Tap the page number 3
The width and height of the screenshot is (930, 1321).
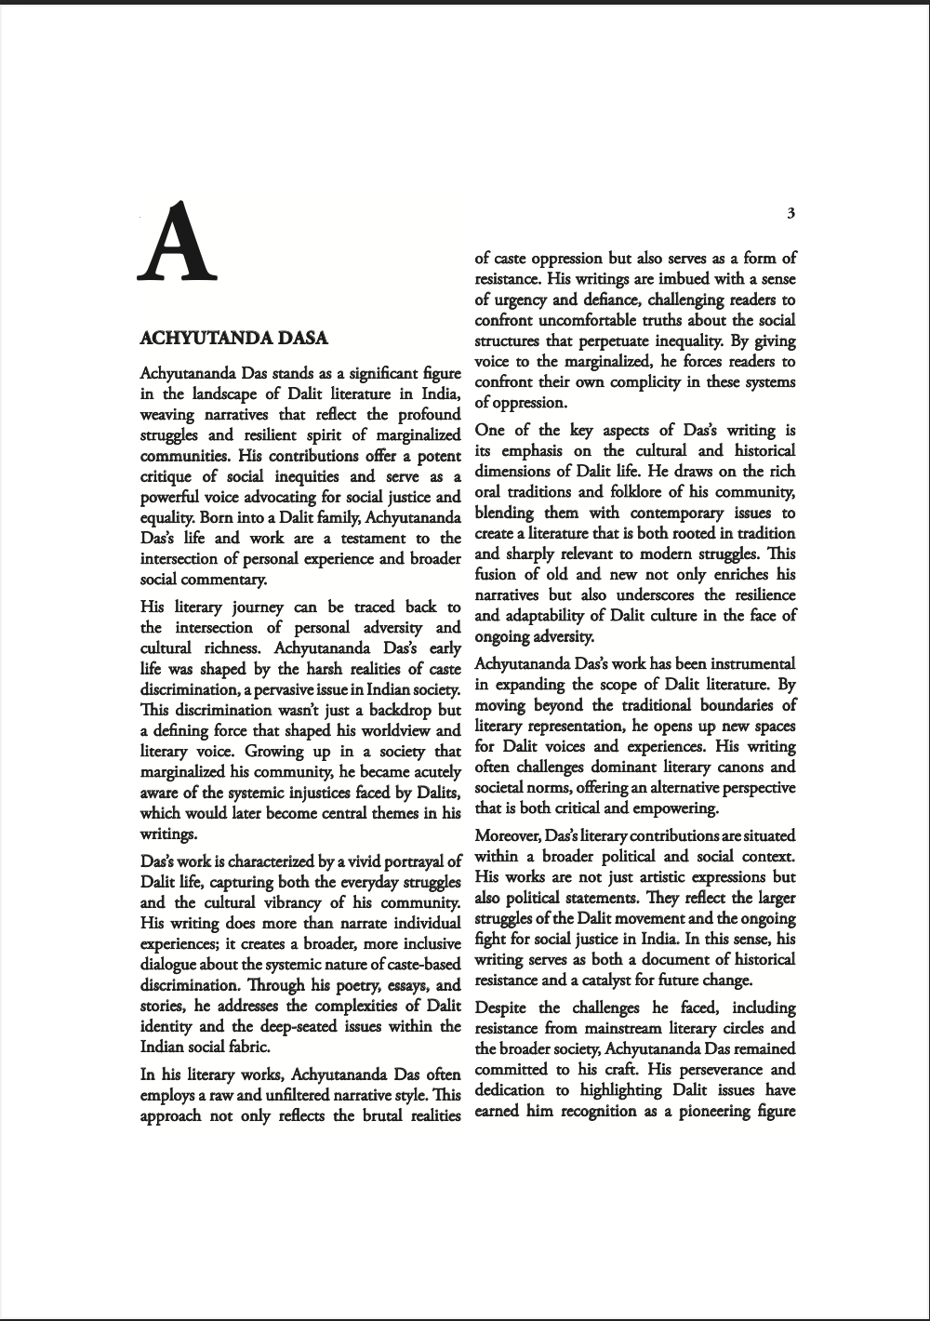[790, 213]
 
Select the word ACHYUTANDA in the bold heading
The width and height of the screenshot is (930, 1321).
[198, 337]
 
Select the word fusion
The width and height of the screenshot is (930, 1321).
[496, 574]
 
